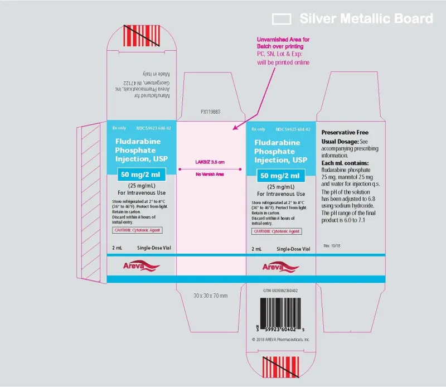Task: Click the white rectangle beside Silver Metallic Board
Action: pos(282,19)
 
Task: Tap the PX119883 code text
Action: pos(211,112)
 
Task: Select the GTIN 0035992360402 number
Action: pos(280,291)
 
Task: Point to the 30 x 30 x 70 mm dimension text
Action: pos(210,295)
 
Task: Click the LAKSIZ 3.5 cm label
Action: pos(210,162)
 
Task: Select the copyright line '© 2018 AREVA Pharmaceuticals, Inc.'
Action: pos(280,338)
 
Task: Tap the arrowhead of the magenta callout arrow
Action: pos(235,129)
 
